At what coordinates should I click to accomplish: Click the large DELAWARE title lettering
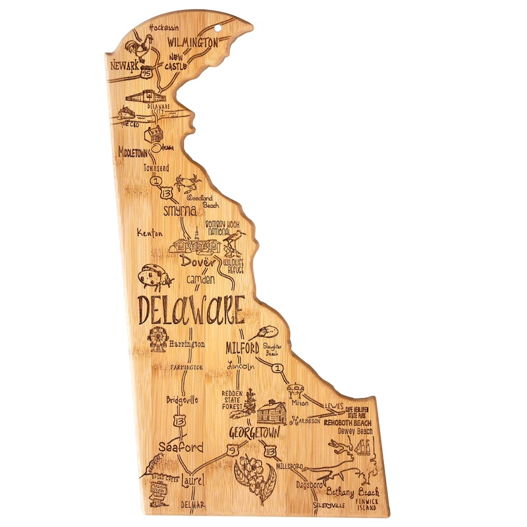[191, 310]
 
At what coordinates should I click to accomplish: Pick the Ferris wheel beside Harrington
[158, 339]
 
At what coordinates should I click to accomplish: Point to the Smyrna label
[180, 211]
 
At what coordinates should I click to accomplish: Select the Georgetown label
[254, 433]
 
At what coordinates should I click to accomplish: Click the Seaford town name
[180, 447]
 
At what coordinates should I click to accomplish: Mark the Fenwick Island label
[368, 505]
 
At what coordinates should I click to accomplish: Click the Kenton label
[150, 233]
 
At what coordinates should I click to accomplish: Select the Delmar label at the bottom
[194, 505]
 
